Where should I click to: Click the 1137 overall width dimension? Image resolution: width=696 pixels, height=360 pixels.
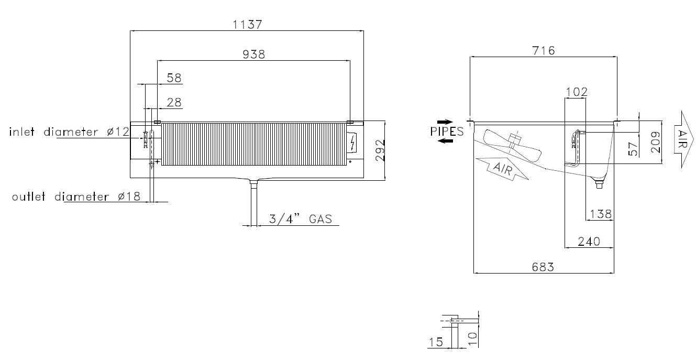(247, 24)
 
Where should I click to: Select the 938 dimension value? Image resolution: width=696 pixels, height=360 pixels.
(253, 54)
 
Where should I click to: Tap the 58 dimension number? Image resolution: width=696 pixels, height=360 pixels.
(174, 78)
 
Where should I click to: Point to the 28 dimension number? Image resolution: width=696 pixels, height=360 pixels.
(174, 102)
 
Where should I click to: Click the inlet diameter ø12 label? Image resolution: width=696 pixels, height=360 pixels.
(69, 132)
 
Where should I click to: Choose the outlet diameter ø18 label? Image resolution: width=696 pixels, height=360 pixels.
(76, 197)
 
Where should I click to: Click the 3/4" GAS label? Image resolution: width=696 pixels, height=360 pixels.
(301, 219)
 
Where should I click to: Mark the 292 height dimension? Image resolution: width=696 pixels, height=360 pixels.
(380, 150)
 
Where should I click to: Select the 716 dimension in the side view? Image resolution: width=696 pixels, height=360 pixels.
(544, 50)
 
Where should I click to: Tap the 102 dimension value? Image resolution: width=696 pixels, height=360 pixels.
(577, 92)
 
